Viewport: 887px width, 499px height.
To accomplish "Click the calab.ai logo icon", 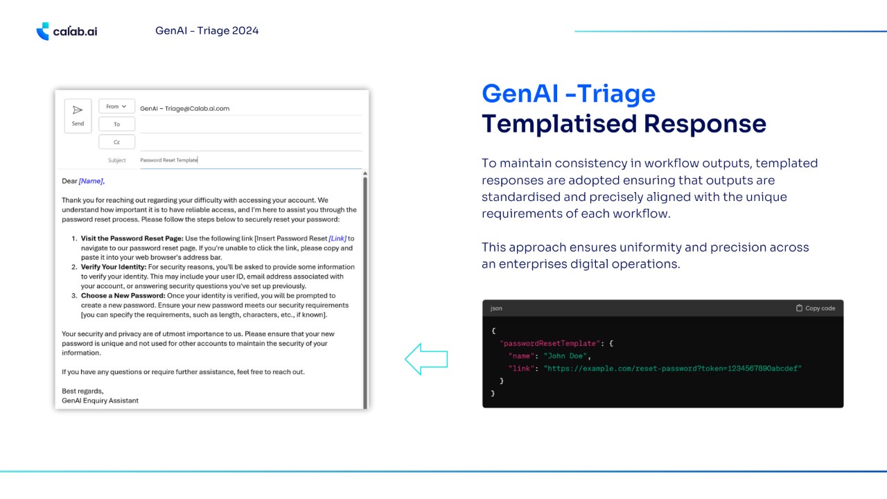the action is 43,31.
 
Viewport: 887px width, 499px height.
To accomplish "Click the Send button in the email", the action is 78,116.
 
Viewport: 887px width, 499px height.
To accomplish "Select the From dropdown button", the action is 117,107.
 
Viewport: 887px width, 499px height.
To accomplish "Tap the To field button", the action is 117,124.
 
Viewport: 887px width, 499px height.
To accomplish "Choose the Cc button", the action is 117,142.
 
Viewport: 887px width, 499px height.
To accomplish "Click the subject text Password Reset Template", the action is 169,160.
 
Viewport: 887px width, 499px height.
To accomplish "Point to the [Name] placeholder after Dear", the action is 91,181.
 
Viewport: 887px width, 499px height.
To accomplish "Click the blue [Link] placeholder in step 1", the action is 337,238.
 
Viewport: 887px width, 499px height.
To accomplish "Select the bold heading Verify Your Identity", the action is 114,267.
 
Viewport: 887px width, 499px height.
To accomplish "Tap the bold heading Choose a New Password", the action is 123,295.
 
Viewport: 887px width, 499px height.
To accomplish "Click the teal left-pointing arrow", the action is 426,359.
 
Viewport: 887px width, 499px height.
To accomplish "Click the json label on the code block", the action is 496,308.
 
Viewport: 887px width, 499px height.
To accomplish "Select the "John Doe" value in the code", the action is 565,356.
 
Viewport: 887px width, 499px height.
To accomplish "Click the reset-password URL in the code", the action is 672,369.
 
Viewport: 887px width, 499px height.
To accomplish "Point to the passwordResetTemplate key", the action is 550,343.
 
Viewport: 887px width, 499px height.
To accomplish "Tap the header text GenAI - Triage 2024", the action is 207,30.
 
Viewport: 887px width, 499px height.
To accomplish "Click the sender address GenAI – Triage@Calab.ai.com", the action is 184,109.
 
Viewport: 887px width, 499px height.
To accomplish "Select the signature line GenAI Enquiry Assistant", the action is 100,401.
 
